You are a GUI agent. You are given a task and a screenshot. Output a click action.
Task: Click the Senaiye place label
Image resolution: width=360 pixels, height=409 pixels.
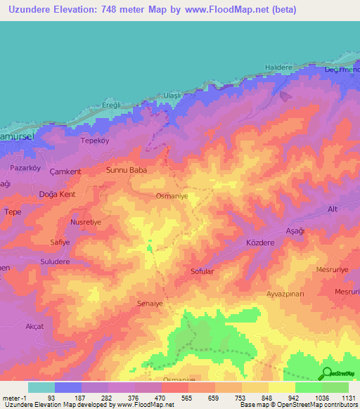click(150, 303)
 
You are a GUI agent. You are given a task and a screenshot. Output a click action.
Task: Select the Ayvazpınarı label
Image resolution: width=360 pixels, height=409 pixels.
click(285, 294)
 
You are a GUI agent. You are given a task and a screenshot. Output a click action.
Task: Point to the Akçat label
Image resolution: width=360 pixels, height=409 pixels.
click(34, 327)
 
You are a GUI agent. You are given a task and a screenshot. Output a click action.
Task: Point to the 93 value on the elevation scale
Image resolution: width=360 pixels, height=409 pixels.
click(51, 397)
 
